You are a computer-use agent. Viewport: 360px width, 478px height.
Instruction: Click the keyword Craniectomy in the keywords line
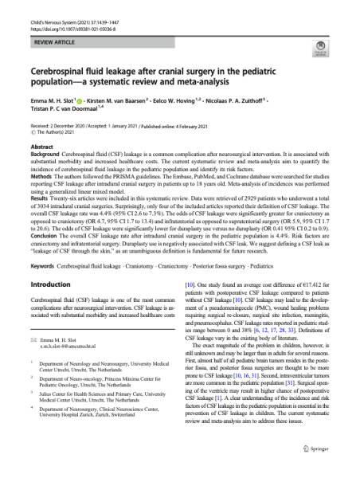pos(180,265)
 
